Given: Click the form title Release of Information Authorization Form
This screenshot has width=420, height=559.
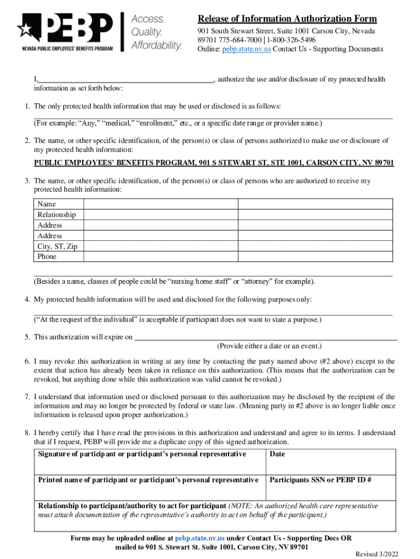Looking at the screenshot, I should click(287, 19).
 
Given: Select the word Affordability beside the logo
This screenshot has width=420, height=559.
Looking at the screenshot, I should click(157, 45).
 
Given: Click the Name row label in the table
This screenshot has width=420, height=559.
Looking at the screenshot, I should click(46, 204).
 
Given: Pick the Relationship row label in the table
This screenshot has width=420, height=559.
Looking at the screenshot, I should click(57, 215).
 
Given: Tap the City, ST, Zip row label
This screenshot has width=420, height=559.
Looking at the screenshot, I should click(57, 246).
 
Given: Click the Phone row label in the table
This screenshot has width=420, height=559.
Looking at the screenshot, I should click(47, 257).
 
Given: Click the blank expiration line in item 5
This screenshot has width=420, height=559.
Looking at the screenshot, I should click(265, 337).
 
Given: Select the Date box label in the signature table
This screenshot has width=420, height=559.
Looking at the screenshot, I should click(277, 454).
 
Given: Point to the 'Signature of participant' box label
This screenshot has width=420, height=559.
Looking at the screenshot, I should click(142, 454).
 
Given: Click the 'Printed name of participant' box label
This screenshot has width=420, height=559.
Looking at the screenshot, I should click(148, 480).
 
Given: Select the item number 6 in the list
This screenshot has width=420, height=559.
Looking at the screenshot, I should click(27, 361).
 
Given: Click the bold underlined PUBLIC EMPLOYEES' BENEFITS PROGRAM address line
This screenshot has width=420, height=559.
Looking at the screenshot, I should click(214, 163).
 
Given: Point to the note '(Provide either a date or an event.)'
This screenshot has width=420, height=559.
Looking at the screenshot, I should click(269, 346).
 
